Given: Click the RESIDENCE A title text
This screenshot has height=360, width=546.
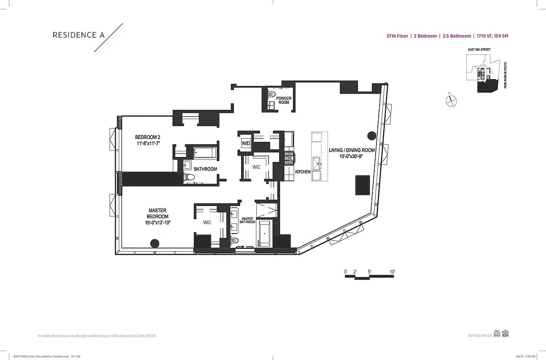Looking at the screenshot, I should (x=75, y=35).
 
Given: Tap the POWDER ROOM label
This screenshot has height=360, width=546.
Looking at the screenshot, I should (x=283, y=100).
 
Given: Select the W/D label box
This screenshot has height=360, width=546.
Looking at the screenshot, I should (x=246, y=144).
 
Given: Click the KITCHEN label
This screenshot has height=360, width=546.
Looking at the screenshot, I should (x=303, y=172).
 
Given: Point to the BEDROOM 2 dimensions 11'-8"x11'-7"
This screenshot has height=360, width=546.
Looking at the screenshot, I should (x=148, y=143).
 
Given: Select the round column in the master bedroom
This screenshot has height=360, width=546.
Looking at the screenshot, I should (x=154, y=244).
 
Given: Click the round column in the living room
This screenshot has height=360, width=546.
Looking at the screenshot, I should (x=371, y=135).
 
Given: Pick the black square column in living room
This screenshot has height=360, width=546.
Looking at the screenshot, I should (x=363, y=185).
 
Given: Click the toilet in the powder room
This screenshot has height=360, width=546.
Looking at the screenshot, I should (x=272, y=95).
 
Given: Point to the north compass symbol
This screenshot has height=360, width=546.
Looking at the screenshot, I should (x=451, y=101).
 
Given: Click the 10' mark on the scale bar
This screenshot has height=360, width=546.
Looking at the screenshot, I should (x=392, y=272).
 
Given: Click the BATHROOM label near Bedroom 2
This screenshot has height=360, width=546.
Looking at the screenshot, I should (x=206, y=169).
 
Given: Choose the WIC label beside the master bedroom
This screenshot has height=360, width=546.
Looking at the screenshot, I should (x=207, y=222).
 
